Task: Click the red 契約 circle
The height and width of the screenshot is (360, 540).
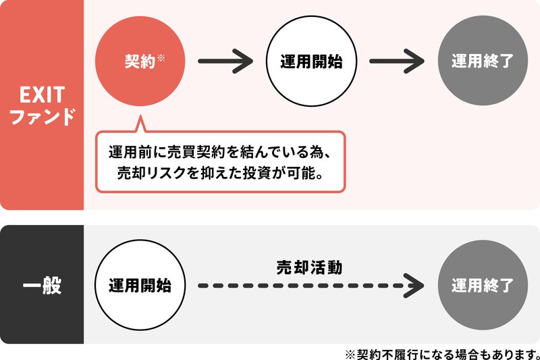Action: coord(140,61)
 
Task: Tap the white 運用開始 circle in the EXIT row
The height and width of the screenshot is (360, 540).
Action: coord(311,61)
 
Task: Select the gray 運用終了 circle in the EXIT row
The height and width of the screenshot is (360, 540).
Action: coord(483,60)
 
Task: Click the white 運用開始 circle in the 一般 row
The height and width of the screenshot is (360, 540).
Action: coord(140,285)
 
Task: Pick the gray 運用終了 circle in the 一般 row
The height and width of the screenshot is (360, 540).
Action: coord(483,285)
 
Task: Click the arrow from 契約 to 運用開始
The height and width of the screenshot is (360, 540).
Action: coord(225,61)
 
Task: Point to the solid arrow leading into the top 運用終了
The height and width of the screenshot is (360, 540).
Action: coord(397,61)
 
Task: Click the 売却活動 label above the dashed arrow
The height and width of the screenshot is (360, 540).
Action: coord(309,267)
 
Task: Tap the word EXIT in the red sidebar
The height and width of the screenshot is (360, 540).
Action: coord(42,95)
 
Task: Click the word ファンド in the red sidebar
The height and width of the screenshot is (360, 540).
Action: coord(43,116)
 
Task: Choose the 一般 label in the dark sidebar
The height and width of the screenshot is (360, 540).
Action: coord(42,285)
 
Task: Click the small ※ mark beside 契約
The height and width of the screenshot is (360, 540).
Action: coord(161,57)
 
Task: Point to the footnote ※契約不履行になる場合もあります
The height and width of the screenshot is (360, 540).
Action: coord(442,354)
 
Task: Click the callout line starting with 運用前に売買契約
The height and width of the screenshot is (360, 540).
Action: coord(220,152)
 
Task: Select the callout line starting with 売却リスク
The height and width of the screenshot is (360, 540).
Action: coord(221,173)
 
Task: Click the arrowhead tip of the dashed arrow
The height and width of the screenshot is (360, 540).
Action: coord(424,286)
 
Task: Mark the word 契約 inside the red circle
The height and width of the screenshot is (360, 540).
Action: coord(140,61)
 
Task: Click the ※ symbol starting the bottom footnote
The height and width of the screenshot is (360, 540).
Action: coord(350,354)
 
